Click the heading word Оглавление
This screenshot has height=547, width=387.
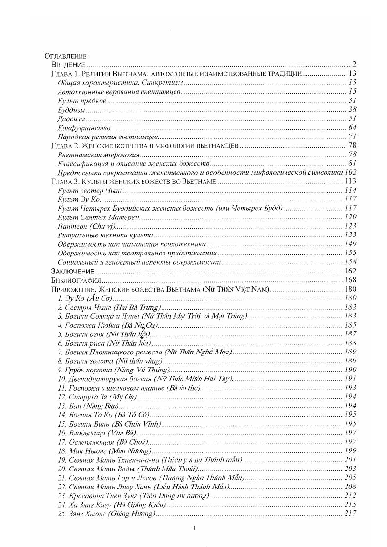click(x=65, y=56)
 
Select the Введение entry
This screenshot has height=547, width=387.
click(x=69, y=64)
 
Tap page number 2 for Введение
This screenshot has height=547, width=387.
click(x=355, y=64)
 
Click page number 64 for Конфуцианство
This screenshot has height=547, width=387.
click(x=353, y=127)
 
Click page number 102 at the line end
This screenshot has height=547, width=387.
click(x=350, y=172)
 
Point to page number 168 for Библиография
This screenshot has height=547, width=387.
click(x=351, y=280)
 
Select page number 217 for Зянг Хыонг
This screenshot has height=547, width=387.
click(x=351, y=513)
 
